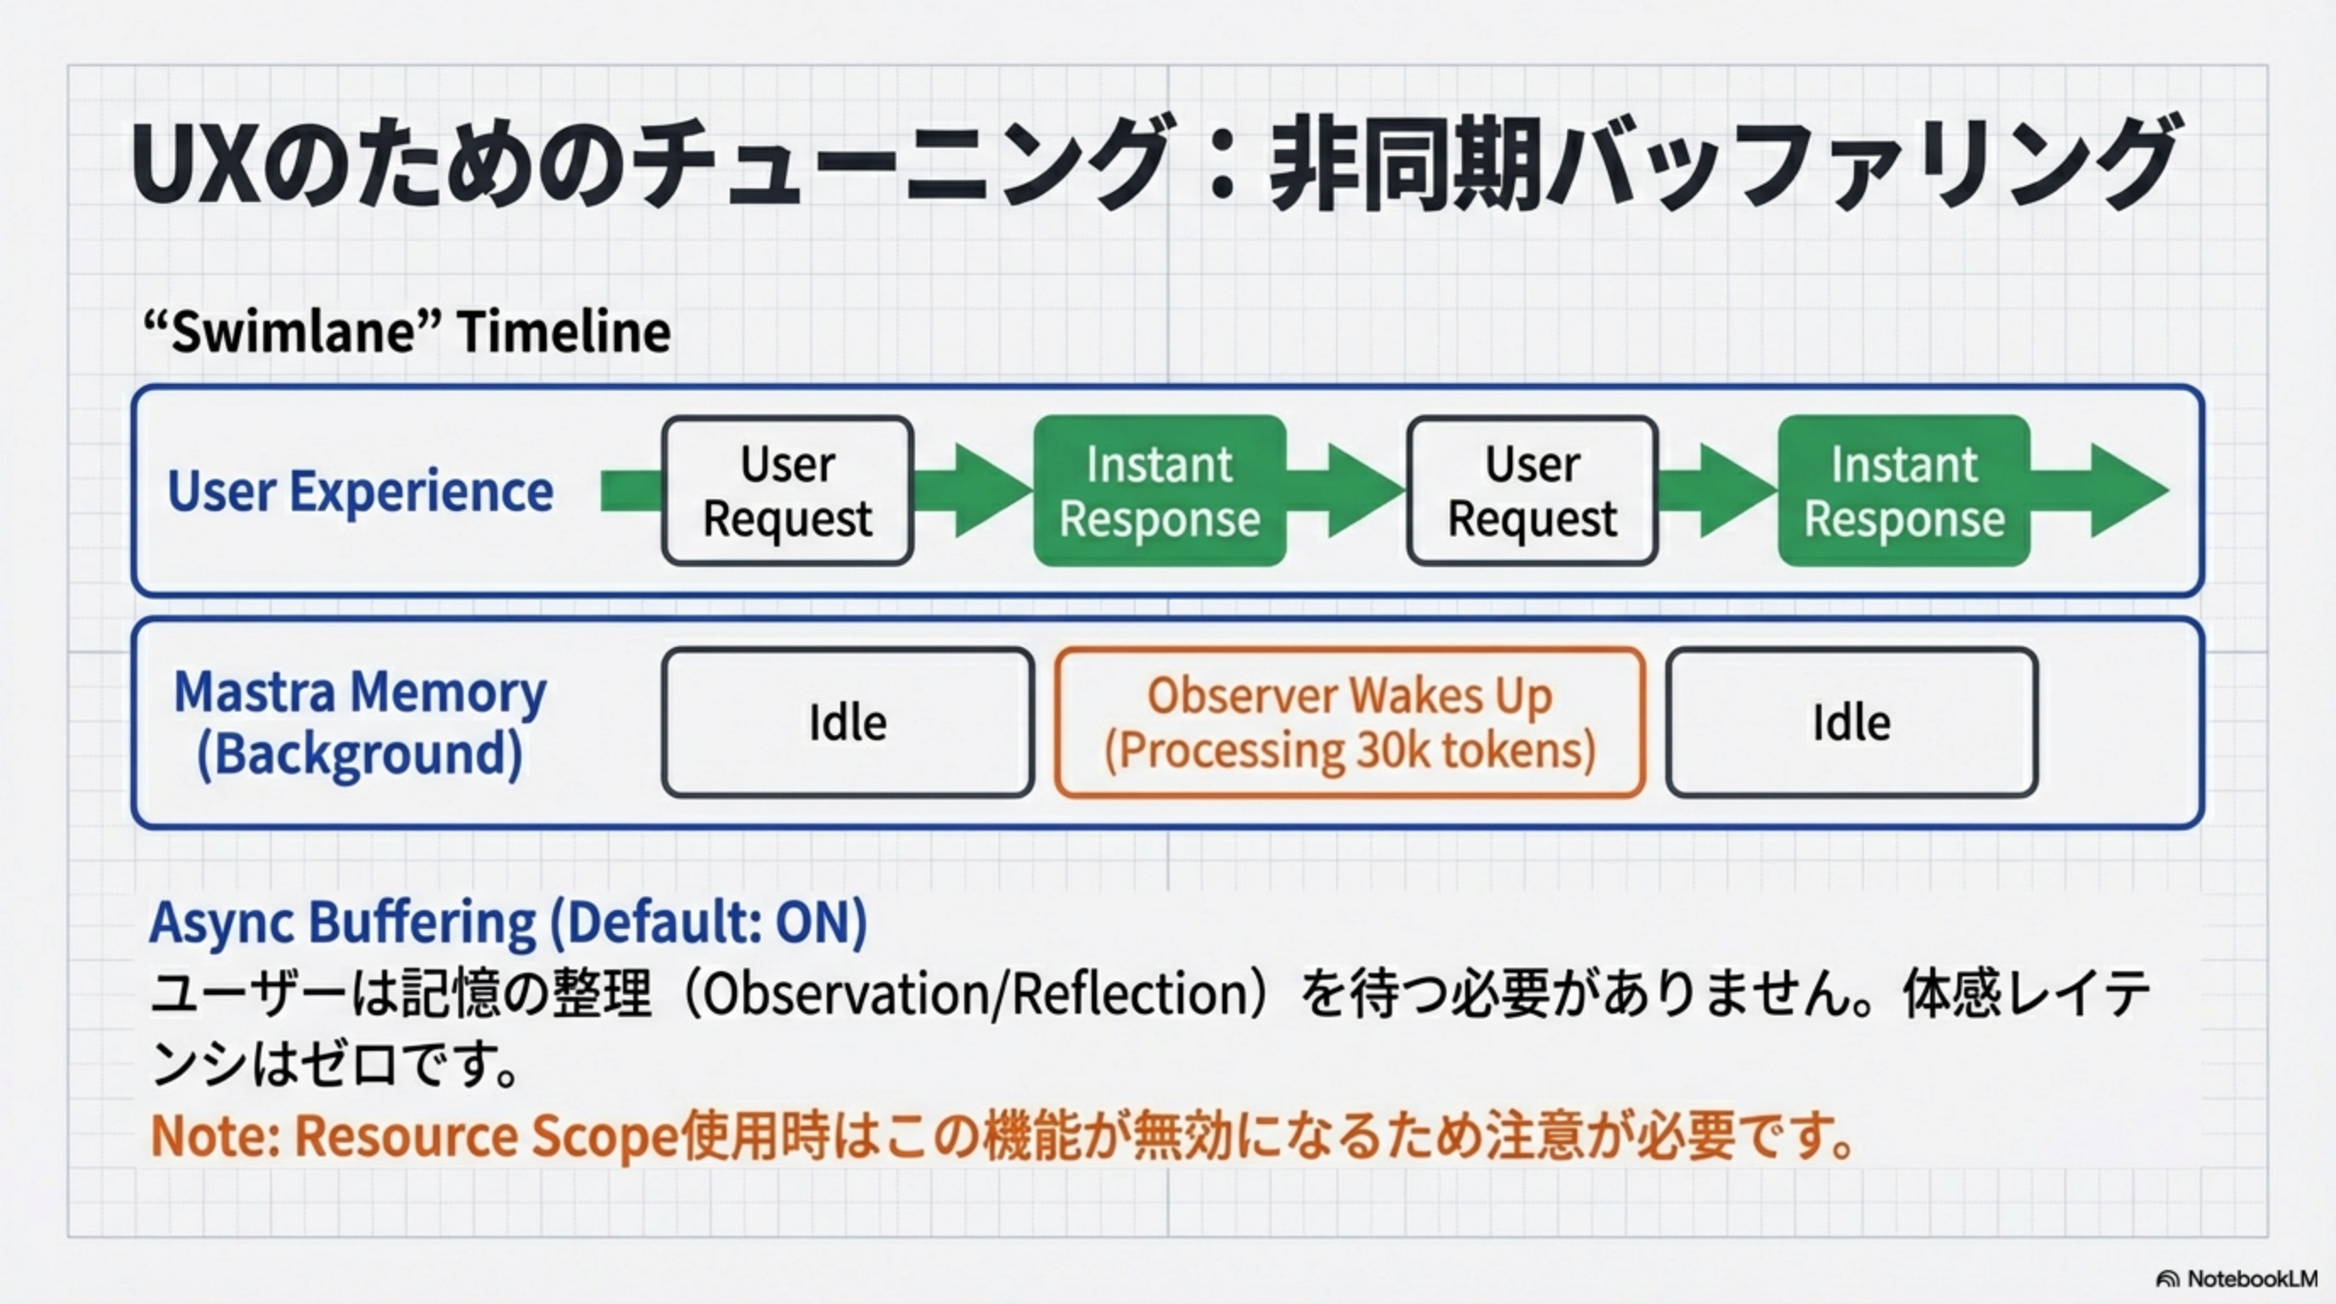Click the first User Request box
coord(787,491)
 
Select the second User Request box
coord(1531,491)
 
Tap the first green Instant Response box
coord(1159,491)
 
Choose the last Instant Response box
coord(1903,491)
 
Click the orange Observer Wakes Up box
coord(1350,722)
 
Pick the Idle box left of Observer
coord(847,722)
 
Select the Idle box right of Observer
coord(1850,722)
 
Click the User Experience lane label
coord(360,491)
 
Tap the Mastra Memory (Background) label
coord(360,722)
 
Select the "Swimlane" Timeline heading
coord(407,332)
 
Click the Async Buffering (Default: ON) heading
coord(508,922)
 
